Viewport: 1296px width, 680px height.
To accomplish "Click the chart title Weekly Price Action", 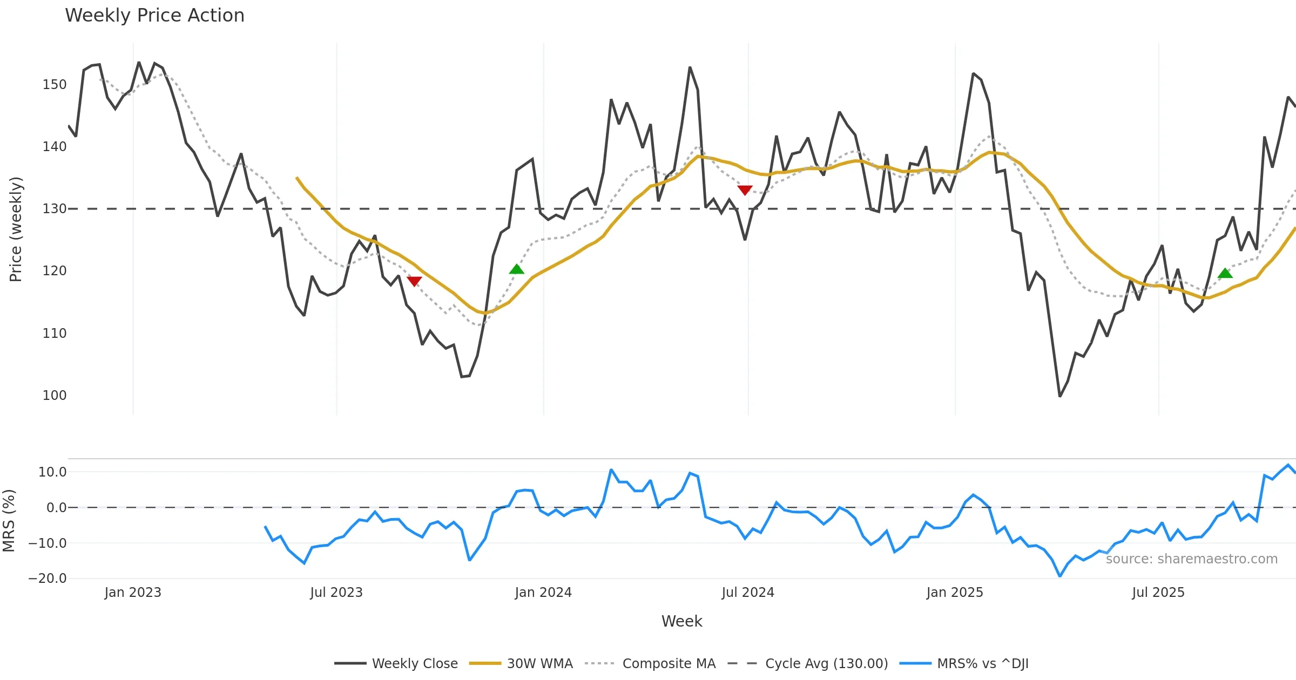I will (x=154, y=16).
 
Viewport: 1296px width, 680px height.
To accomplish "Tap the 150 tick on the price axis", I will (x=55, y=85).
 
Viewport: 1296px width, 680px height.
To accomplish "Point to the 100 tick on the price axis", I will (x=55, y=396).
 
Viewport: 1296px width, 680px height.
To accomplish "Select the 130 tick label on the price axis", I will (x=55, y=209).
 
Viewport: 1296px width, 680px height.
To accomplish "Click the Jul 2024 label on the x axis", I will (x=748, y=593).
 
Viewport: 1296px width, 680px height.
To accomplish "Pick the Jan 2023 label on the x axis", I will (x=133, y=593).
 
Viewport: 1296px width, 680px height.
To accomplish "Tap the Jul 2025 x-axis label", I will (x=1158, y=593).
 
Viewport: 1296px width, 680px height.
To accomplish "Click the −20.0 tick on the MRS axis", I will (x=48, y=579).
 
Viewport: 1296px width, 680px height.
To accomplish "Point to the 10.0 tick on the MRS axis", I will (x=52, y=472).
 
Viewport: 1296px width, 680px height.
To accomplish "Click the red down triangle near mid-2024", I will (x=745, y=190).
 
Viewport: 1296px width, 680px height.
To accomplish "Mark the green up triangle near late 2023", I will (x=517, y=269).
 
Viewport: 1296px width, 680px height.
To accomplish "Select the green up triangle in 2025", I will (x=1225, y=273).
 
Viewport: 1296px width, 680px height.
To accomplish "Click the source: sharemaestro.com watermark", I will (x=1191, y=559).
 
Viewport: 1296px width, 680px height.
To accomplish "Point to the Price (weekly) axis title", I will (x=16, y=229).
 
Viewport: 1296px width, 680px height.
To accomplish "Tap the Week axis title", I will (x=681, y=622).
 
